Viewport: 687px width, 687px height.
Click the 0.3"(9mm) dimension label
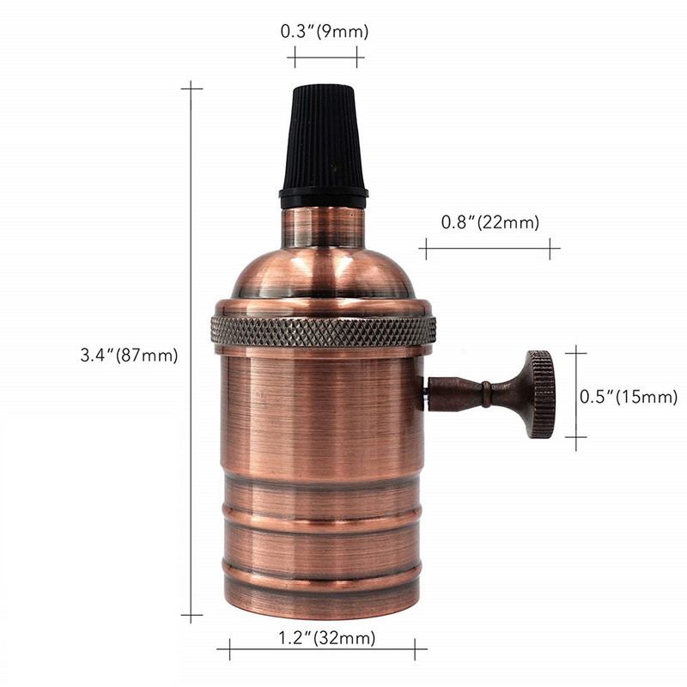(325, 33)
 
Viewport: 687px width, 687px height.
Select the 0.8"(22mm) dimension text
(489, 222)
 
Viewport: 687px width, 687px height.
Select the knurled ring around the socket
(323, 329)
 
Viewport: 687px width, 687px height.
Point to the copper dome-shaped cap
(323, 266)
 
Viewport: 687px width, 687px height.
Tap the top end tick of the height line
(191, 87)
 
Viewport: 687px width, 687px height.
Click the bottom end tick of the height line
(191, 616)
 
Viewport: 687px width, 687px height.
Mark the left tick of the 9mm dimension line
(295, 58)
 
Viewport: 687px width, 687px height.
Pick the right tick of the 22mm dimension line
(550, 249)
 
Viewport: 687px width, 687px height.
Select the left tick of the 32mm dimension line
(229, 649)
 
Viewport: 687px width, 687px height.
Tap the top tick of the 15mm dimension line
(575, 351)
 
